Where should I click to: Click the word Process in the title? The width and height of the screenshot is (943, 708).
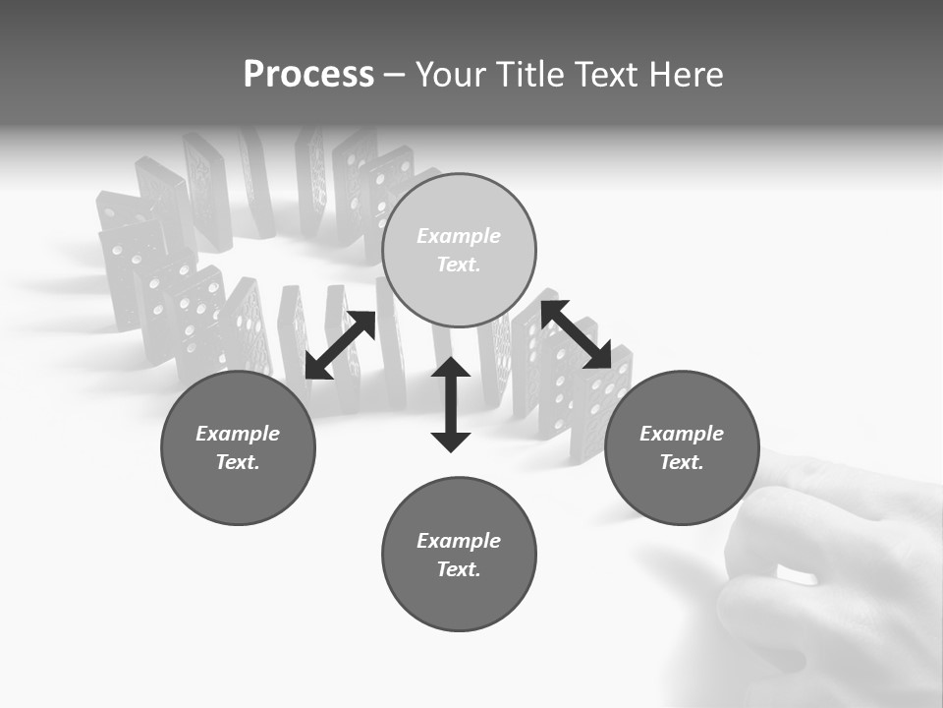pos(308,75)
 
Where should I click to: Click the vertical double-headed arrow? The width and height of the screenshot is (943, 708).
pos(451,404)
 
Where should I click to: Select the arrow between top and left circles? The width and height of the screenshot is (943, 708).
pos(340,345)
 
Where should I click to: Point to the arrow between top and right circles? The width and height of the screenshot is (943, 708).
pos(576,334)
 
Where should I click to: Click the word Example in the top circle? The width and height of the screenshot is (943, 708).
pos(459,236)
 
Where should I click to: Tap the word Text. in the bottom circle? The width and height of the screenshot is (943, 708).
pos(459,569)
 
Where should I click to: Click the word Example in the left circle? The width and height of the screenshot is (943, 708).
pos(238,434)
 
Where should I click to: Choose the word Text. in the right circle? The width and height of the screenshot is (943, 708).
pos(682,462)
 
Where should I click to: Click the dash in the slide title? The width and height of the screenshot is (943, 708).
pos(395,75)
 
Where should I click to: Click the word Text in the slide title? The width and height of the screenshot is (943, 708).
pos(609,75)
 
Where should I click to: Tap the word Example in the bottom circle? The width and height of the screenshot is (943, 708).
pos(459,541)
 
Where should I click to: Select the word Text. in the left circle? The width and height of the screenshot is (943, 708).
pos(238,462)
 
